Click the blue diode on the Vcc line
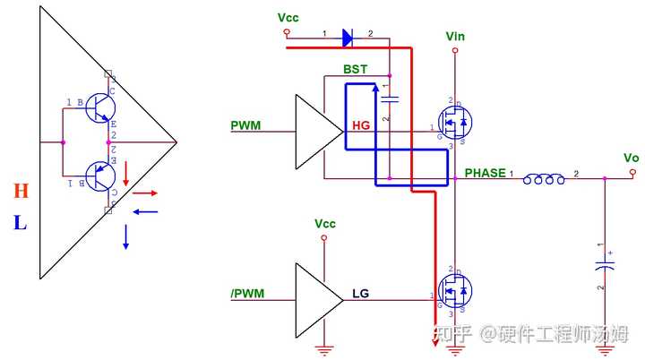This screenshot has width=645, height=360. (347, 37)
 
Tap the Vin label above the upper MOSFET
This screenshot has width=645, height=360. (455, 36)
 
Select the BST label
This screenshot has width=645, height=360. (355, 69)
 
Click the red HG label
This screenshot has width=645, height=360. (361, 126)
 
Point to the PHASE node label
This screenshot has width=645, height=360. (485, 172)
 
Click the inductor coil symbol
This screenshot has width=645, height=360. (544, 180)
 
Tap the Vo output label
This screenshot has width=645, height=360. (631, 158)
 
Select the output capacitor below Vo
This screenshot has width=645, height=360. (606, 266)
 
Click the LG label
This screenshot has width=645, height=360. (360, 293)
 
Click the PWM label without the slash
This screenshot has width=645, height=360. (245, 124)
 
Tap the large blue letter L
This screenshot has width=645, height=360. (20, 223)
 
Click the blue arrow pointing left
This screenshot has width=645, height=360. (145, 211)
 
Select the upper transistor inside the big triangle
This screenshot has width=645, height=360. (101, 107)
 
